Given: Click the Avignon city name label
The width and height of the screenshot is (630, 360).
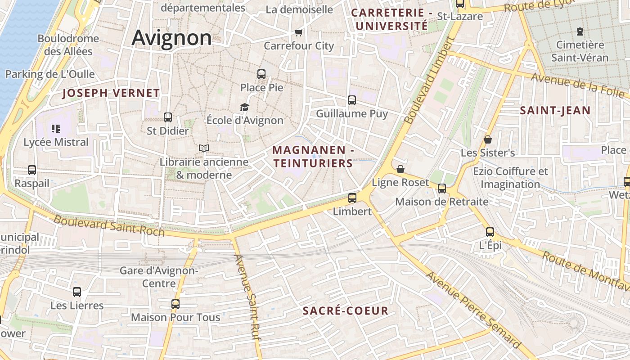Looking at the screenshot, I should pyautogui.click(x=171, y=38).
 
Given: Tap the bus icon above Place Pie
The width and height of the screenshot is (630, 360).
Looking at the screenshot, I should pyautogui.click(x=261, y=74).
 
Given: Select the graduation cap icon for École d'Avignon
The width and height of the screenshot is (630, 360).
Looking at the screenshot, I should pyautogui.click(x=244, y=107).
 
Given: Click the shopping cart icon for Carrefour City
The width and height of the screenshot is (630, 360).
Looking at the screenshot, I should pyautogui.click(x=298, y=32).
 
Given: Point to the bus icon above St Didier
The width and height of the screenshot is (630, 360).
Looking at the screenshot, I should pyautogui.click(x=168, y=117).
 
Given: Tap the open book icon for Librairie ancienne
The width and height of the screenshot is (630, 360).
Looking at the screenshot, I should pyautogui.click(x=204, y=148).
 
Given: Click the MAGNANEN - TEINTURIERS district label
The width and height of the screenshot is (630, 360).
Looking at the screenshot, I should pyautogui.click(x=313, y=157).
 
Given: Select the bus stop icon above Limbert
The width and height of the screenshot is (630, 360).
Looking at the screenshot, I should pyautogui.click(x=352, y=198).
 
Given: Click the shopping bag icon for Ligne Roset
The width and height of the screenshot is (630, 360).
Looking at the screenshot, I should pyautogui.click(x=400, y=169).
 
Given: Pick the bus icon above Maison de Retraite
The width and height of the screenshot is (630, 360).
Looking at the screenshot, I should pyautogui.click(x=442, y=188).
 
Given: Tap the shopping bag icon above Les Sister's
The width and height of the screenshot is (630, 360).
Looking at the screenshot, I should pyautogui.click(x=488, y=139).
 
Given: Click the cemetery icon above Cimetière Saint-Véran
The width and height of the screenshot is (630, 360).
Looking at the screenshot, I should pyautogui.click(x=580, y=31).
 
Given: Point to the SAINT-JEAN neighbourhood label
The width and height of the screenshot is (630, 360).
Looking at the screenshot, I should pyautogui.click(x=555, y=111).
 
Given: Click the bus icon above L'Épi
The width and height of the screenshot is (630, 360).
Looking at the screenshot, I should pyautogui.click(x=490, y=232).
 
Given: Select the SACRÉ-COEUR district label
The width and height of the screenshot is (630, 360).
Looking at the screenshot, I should pyautogui.click(x=345, y=311).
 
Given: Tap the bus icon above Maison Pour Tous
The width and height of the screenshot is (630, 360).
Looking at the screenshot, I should pyautogui.click(x=175, y=304).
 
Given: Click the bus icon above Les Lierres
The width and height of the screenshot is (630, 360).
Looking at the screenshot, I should pyautogui.click(x=77, y=292).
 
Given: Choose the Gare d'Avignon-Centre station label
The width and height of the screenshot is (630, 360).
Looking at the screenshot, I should pyautogui.click(x=159, y=277).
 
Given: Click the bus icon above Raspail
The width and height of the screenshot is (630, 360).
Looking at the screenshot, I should pyautogui.click(x=32, y=170).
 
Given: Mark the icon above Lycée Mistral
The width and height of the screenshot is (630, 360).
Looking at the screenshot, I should pyautogui.click(x=56, y=129).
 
